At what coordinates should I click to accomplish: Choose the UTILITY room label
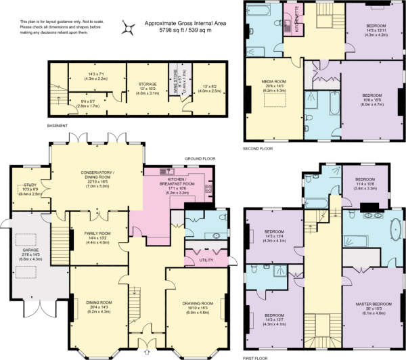pos(207,260)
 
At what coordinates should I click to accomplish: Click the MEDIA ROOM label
pos(275,82)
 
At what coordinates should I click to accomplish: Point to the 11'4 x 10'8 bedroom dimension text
pos(359,183)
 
